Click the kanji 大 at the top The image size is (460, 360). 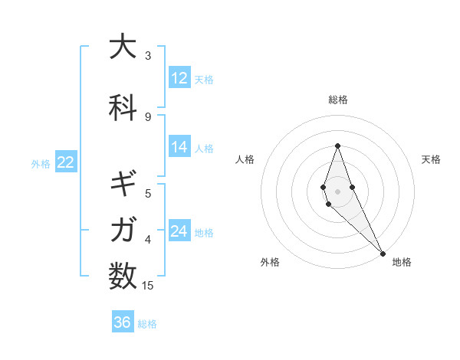tap(123, 47)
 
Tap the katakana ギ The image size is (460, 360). tap(123, 185)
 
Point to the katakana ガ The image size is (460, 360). tap(123, 229)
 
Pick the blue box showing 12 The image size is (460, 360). tap(179, 78)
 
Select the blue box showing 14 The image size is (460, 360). tap(179, 147)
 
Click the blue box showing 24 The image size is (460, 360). tap(179, 231)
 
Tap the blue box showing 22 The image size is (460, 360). tap(65, 162)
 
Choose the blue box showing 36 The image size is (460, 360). tap(123, 322)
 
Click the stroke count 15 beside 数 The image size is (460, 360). tap(148, 286)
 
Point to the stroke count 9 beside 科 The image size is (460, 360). tap(148, 117)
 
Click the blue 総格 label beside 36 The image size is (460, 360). tap(147, 324)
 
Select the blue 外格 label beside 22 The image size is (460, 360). tap(41, 163)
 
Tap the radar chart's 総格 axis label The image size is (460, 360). tap(337, 100)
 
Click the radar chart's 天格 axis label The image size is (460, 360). tap(431, 159)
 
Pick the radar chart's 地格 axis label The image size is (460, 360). tap(402, 262)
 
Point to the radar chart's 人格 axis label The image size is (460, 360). tap(245, 159)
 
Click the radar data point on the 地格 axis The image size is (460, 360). tap(383, 253)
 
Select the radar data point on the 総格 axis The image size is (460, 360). tap(337, 146)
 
